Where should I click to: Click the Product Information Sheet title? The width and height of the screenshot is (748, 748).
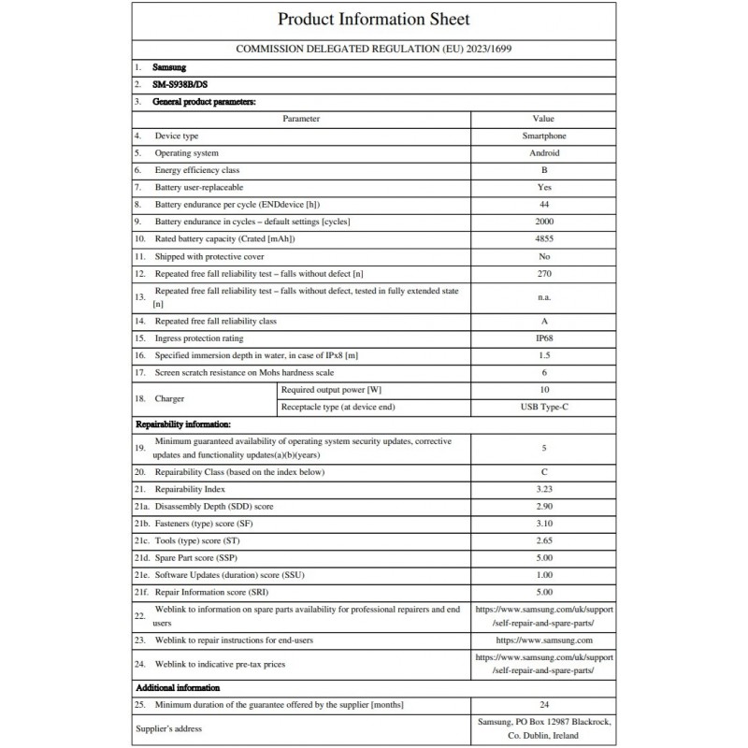[x=374, y=19]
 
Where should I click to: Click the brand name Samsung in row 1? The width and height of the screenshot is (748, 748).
[x=169, y=68]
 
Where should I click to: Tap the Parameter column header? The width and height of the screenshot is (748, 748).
[x=301, y=119]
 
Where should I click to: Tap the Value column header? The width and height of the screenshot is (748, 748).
[x=543, y=119]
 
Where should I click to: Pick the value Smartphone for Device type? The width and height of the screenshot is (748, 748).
[x=543, y=136]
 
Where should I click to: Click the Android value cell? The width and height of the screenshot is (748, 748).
[x=543, y=152]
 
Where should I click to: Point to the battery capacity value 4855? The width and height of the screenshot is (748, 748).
[x=543, y=237]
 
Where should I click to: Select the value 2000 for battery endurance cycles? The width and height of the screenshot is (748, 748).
[x=543, y=221]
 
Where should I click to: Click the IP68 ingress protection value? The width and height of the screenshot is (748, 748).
[x=543, y=338]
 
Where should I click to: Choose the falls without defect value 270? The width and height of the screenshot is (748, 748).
[x=543, y=273]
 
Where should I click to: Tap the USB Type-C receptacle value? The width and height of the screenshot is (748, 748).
[x=543, y=407]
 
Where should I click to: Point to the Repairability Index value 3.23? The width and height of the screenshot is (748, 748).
[x=543, y=489]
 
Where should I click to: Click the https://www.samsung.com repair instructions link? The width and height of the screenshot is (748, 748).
[x=543, y=640]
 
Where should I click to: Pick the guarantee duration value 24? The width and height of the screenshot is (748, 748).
[x=543, y=704]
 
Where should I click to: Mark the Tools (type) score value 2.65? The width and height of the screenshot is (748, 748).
[x=543, y=540]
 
